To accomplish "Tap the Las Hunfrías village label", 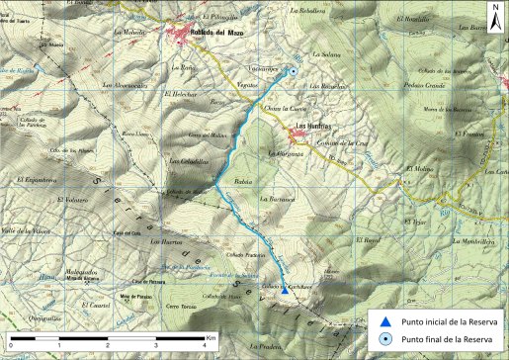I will coord(314,126).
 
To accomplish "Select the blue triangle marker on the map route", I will coord(285,291).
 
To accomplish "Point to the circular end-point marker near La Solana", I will coord(294,71).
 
